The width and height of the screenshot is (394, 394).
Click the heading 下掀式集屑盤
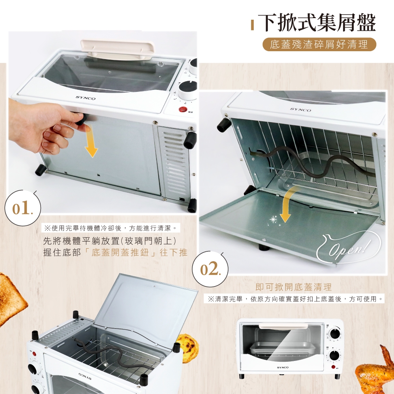317,23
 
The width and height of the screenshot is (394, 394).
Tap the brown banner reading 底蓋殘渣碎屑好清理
319,45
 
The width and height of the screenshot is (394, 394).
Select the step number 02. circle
210,269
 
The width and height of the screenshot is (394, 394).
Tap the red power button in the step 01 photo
183,110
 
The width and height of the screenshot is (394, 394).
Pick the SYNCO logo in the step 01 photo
85,98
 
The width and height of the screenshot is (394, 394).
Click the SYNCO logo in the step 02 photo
301,110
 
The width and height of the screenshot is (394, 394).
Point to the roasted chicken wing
375,370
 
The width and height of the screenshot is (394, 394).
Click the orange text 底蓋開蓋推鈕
120,252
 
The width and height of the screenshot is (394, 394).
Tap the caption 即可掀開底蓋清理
294,287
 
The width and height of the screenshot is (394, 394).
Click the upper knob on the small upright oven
335,333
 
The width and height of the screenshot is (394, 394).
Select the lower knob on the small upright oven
335,356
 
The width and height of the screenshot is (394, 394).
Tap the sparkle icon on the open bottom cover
273,219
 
